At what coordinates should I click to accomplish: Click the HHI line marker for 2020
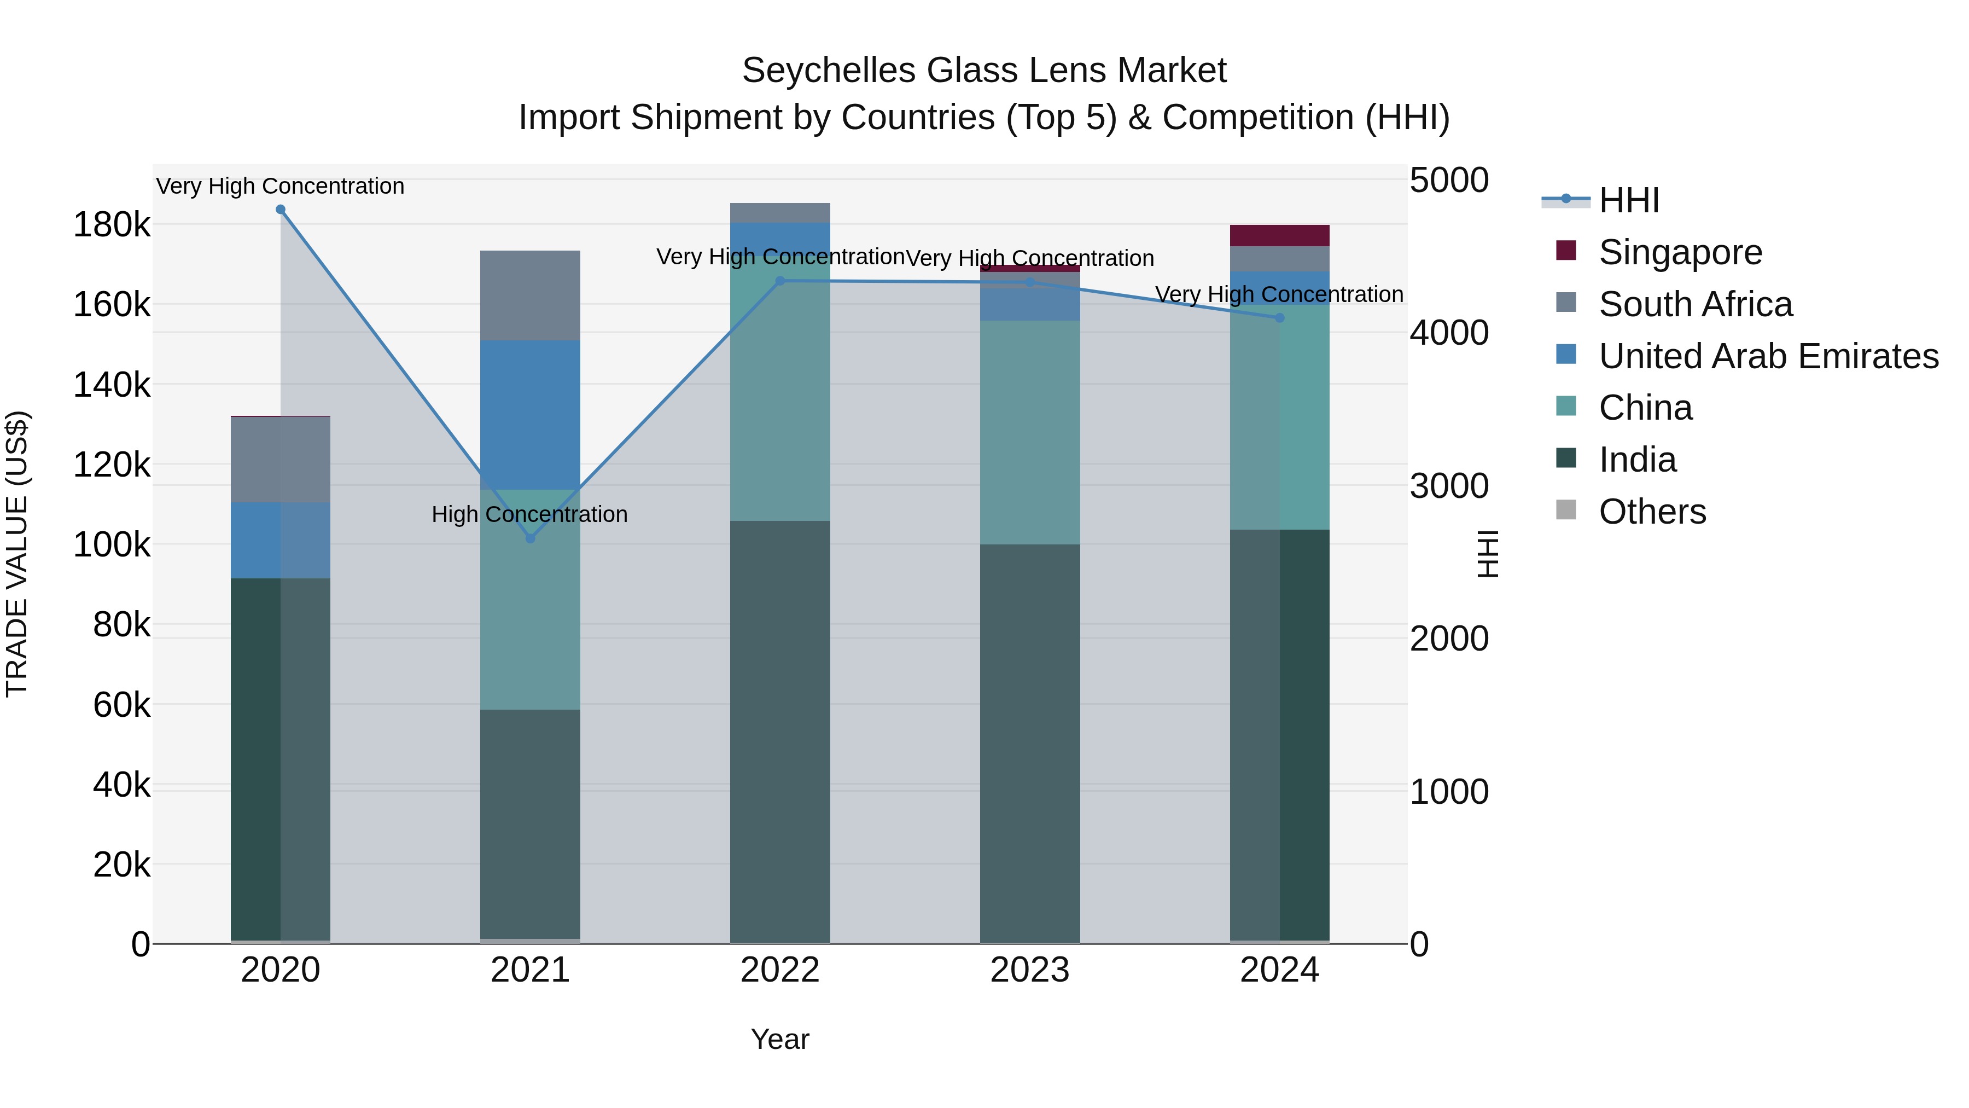point(281,210)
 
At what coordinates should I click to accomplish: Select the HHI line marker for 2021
point(531,538)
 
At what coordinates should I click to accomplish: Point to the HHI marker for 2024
point(1279,318)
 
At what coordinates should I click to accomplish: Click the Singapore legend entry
point(1680,252)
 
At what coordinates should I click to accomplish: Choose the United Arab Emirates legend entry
point(1768,356)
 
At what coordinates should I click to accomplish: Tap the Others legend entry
point(1652,512)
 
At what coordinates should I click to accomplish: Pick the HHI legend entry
point(1628,200)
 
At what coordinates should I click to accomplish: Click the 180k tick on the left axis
point(112,225)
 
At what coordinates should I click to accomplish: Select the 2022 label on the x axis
point(779,970)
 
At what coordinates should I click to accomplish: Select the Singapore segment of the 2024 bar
point(1279,235)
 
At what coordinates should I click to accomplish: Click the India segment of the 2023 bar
point(1029,742)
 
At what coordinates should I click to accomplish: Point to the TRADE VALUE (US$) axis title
point(17,554)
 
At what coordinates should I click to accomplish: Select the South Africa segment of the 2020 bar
point(281,460)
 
